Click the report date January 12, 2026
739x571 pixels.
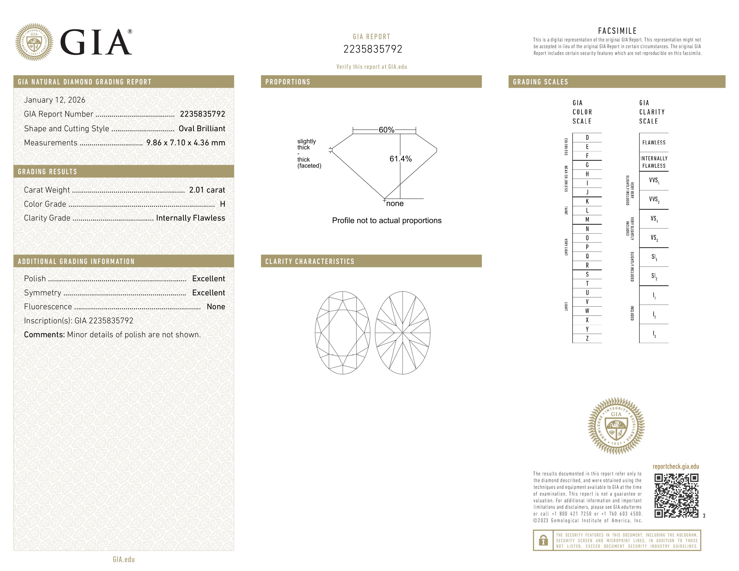54,100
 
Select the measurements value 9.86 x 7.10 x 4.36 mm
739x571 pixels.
185,143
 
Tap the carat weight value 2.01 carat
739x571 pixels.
207,190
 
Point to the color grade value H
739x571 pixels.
222,204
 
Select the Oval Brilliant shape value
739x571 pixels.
202,129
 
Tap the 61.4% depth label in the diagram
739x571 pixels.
400,159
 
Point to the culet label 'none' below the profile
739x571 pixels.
395,204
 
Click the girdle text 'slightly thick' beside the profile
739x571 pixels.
306,144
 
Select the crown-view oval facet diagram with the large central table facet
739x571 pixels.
342,333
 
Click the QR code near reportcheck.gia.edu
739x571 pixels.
676,496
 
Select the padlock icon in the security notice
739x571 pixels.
543,540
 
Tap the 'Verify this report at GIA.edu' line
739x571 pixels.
372,67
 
